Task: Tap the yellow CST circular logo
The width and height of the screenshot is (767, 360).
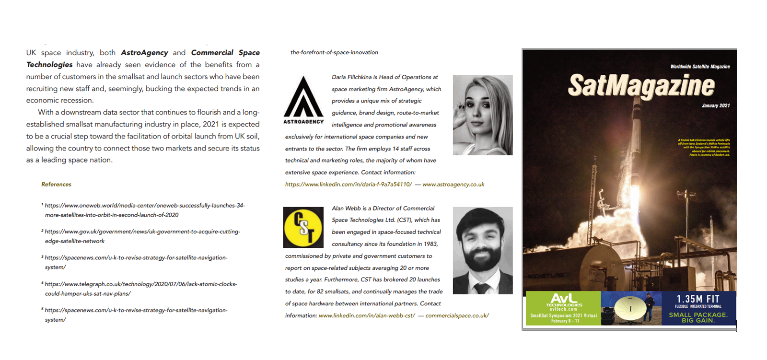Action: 303,227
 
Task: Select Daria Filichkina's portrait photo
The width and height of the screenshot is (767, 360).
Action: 482,115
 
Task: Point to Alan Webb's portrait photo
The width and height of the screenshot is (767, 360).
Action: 482,250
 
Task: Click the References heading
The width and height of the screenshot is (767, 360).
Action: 56,185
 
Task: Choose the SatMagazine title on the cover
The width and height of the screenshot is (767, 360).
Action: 641,86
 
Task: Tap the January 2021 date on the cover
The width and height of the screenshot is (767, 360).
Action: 716,105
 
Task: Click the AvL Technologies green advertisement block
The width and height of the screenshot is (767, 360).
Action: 563,308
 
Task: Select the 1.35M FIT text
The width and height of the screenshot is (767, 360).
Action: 698,299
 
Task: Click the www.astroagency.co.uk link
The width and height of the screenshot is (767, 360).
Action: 453,185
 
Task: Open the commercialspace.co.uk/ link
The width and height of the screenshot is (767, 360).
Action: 457,316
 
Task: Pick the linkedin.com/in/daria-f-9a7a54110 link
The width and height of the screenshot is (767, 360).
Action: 349,185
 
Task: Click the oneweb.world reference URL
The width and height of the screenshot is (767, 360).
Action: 144,210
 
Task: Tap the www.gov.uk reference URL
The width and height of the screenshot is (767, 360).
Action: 142,236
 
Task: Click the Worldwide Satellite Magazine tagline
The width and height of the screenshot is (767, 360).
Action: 699,67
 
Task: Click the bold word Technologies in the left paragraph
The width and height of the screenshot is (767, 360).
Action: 49,65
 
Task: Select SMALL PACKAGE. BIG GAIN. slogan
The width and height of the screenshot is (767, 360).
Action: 698,317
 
